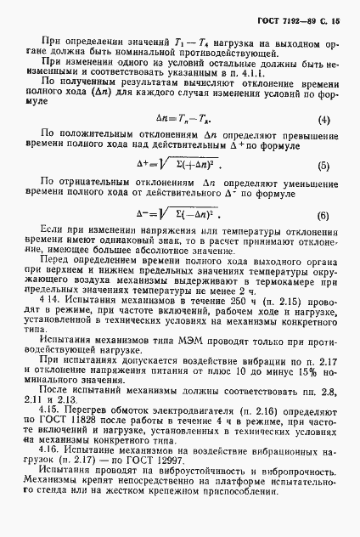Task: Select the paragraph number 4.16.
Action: click(x=53, y=474)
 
